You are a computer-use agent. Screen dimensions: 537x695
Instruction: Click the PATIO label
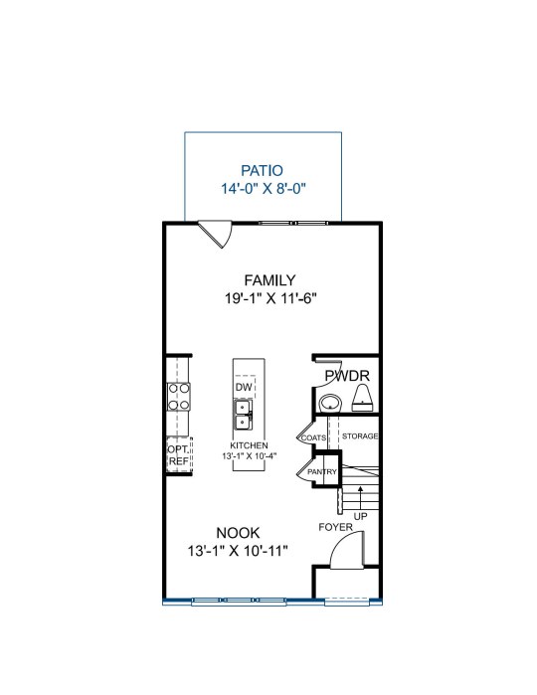pyautogui.click(x=262, y=171)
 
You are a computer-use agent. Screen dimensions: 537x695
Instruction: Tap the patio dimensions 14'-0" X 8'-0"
pyautogui.click(x=264, y=189)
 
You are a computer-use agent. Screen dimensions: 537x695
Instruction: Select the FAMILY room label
pyautogui.click(x=269, y=280)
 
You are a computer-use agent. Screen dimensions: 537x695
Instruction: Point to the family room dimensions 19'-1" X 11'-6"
pyautogui.click(x=270, y=298)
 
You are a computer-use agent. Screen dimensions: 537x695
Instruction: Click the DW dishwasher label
pyautogui.click(x=244, y=387)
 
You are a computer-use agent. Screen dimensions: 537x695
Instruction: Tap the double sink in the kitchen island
pyautogui.click(x=243, y=415)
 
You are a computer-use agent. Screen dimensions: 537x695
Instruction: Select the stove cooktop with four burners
pyautogui.click(x=179, y=397)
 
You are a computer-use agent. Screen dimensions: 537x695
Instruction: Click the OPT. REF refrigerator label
pyautogui.click(x=179, y=455)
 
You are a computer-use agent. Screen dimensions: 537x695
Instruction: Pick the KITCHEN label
pyautogui.click(x=249, y=445)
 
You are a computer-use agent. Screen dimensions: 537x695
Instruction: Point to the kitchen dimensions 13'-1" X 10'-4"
pyautogui.click(x=250, y=455)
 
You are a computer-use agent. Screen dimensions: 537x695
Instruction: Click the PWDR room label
pyautogui.click(x=347, y=376)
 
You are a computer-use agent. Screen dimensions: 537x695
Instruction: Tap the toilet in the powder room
pyautogui.click(x=362, y=398)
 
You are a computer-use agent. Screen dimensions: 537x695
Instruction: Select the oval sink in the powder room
pyautogui.click(x=330, y=404)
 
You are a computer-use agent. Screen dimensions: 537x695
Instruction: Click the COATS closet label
pyautogui.click(x=313, y=437)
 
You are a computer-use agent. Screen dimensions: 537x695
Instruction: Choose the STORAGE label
pyautogui.click(x=360, y=436)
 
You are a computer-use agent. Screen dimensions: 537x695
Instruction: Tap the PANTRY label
pyautogui.click(x=322, y=472)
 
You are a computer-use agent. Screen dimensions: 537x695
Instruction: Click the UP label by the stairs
pyautogui.click(x=361, y=516)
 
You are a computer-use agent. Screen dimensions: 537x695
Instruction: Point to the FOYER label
pyautogui.click(x=336, y=527)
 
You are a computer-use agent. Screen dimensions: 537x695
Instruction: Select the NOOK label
pyautogui.click(x=238, y=532)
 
